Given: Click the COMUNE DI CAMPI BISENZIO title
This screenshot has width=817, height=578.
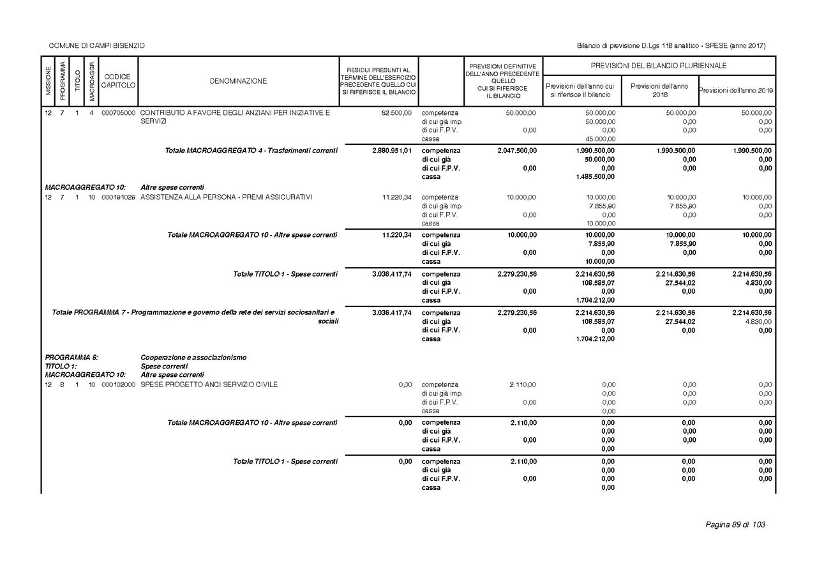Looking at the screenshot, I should click(x=96, y=46).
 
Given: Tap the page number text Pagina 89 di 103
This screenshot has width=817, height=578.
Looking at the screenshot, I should click(x=735, y=525).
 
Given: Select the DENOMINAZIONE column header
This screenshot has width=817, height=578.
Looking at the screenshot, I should click(x=238, y=81).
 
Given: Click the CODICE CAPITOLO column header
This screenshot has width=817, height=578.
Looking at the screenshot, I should click(x=118, y=81).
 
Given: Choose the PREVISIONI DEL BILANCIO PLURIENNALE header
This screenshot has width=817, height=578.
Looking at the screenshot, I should click(x=659, y=66).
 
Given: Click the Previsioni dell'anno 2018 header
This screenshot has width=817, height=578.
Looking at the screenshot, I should click(x=659, y=90).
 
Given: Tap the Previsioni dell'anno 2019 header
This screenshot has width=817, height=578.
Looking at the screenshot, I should click(x=737, y=90).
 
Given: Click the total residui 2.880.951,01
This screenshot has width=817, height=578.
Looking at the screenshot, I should click(x=391, y=151).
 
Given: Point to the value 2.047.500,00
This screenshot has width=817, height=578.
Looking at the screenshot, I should click(x=517, y=151).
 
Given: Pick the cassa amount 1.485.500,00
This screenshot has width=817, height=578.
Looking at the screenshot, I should click(x=596, y=177).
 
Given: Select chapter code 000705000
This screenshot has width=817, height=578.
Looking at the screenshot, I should click(x=118, y=113).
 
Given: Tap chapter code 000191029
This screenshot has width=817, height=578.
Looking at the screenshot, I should click(x=118, y=197).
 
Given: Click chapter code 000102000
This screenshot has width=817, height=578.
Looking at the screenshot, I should click(x=118, y=384).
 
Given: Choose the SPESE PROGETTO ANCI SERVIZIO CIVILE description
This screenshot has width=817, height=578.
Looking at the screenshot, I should click(x=209, y=384).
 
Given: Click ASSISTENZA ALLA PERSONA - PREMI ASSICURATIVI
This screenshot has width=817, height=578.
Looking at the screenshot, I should click(x=227, y=197).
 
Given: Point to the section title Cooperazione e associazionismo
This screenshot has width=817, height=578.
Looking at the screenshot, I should click(x=193, y=358).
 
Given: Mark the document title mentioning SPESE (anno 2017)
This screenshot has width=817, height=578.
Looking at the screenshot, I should click(x=671, y=46).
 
